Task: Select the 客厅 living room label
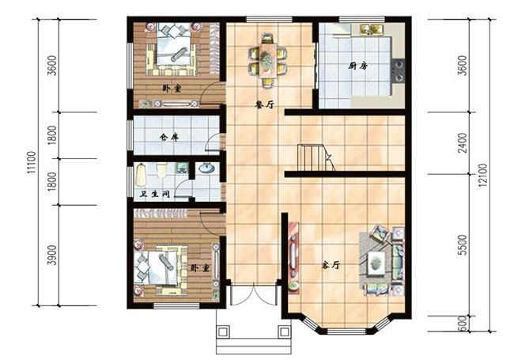coord(331,264)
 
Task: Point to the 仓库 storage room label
coord(169,137)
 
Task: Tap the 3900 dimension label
coord(53,255)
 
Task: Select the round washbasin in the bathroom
coord(206,168)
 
